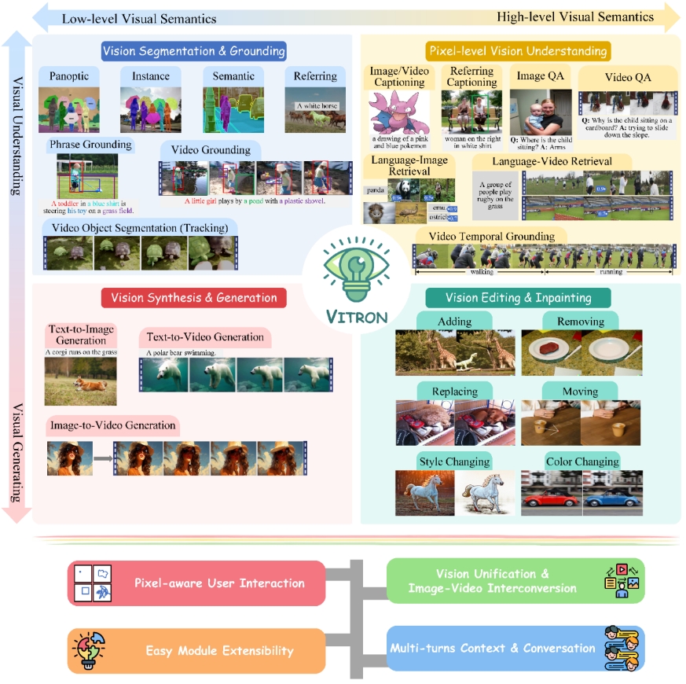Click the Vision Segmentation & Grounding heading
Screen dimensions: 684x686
pos(193,52)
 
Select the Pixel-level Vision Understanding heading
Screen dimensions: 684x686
pos(518,52)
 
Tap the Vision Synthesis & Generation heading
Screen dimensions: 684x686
pos(194,298)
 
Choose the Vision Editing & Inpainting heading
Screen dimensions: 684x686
pos(518,298)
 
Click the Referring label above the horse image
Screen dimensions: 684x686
pos(314,77)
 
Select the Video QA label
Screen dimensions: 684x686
pos(626,77)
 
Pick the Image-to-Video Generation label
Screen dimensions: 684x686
pos(113,425)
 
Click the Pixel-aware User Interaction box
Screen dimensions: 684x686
pos(196,583)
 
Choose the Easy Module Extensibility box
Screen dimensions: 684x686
pos(196,651)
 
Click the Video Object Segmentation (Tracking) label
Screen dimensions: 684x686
pos(133,227)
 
